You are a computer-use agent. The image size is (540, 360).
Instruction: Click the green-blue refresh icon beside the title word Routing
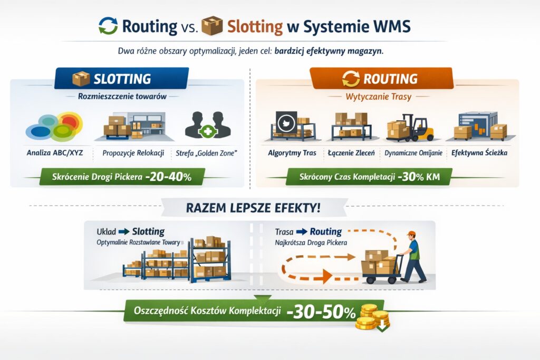click(x=108, y=26)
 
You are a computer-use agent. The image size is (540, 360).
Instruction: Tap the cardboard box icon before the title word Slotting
click(x=212, y=26)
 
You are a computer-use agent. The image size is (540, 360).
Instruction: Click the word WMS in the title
click(x=391, y=26)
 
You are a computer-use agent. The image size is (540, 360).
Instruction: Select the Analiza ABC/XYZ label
click(x=55, y=152)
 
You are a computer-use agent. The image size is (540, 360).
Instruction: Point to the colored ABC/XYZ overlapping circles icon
click(x=54, y=127)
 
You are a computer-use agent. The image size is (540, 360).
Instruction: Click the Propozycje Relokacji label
click(x=133, y=153)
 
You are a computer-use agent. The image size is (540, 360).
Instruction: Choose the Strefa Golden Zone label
click(x=207, y=153)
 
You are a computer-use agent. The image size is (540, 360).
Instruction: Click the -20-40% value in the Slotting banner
click(x=168, y=177)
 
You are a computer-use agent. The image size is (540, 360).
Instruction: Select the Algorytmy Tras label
click(x=292, y=153)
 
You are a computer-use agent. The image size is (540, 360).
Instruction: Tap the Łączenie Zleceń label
click(x=351, y=153)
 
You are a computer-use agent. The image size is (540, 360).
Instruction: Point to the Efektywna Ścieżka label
click(x=479, y=152)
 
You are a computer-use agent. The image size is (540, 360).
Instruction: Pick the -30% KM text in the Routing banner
click(x=419, y=177)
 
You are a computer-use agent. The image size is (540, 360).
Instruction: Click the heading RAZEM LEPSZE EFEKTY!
click(x=253, y=208)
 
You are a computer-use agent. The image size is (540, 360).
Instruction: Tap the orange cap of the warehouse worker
click(x=411, y=233)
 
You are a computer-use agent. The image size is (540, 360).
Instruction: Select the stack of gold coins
click(x=373, y=317)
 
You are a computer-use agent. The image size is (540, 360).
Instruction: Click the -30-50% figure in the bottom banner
click(x=321, y=313)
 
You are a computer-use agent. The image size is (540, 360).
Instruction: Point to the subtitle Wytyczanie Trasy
click(x=379, y=96)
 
